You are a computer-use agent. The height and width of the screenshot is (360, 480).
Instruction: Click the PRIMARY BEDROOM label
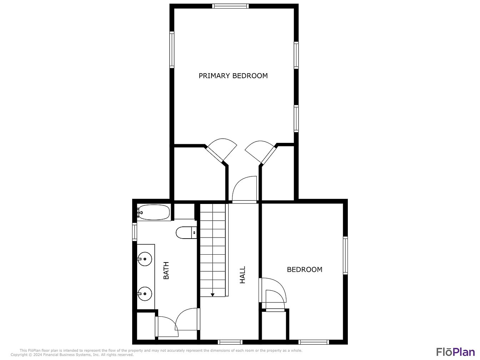(x=233, y=76)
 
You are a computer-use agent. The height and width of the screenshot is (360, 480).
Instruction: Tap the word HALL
(x=243, y=275)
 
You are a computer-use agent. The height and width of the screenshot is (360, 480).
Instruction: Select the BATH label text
(x=166, y=270)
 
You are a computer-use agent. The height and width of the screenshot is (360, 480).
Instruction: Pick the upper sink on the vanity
(x=145, y=259)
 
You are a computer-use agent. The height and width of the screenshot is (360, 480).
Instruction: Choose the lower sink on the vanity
(x=145, y=294)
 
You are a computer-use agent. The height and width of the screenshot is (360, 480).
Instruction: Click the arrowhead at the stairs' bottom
(x=212, y=295)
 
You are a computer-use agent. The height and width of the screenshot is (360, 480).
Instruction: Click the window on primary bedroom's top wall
(x=230, y=6)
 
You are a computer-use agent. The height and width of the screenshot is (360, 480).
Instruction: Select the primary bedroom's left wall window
(x=172, y=50)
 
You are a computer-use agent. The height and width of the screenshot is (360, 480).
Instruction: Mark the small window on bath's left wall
(x=135, y=232)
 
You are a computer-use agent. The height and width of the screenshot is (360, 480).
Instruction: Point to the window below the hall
(x=230, y=342)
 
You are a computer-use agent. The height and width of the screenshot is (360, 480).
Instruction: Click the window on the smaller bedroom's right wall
(x=345, y=255)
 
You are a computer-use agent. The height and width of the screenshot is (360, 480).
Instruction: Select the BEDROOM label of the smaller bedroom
(x=305, y=270)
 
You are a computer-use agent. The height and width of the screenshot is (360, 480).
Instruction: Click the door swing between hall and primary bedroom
(x=244, y=189)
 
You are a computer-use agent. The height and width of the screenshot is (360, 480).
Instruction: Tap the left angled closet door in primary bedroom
(x=221, y=150)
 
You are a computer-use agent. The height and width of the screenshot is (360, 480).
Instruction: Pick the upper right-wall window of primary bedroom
(x=296, y=55)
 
